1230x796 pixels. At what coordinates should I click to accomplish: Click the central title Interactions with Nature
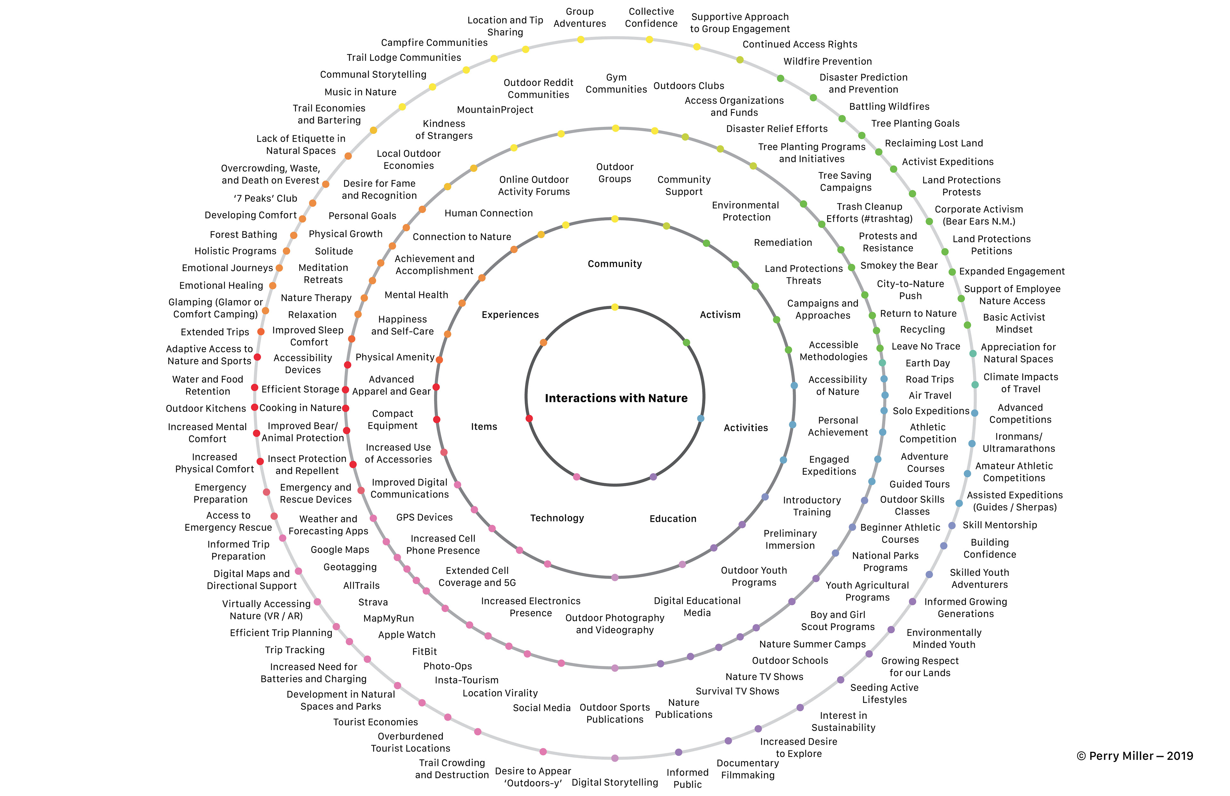click(616, 398)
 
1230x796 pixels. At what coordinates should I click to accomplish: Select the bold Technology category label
click(557, 518)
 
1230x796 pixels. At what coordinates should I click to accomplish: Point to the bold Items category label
click(484, 426)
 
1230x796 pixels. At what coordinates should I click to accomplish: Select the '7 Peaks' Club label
click(265, 199)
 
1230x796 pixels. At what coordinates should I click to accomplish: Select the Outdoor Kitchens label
click(206, 408)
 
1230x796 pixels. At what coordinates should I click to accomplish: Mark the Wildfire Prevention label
click(827, 62)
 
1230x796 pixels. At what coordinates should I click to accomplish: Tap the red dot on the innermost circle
click(529, 418)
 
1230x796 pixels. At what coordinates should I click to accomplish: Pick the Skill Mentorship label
click(999, 525)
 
